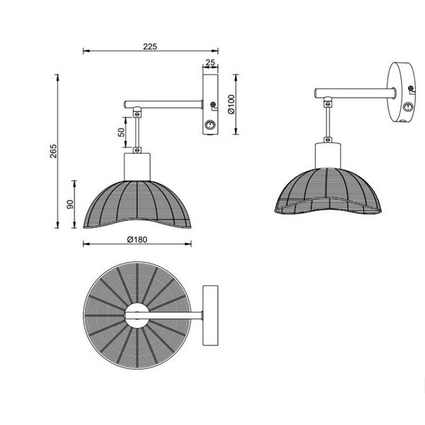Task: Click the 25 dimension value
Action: (x=210, y=63)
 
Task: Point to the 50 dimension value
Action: (x=121, y=132)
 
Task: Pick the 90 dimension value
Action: (x=70, y=205)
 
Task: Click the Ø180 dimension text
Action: (x=137, y=238)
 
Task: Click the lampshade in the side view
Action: (x=137, y=205)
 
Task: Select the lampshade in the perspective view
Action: (x=327, y=191)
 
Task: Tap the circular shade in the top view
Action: (x=106, y=340)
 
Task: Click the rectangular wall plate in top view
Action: (x=211, y=315)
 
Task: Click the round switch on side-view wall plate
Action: (x=210, y=125)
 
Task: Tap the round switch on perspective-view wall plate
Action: (x=407, y=108)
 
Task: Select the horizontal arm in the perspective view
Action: (x=354, y=92)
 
